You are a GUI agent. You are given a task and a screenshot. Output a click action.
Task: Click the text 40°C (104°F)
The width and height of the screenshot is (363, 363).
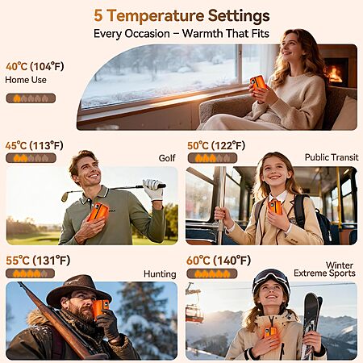click(35, 66)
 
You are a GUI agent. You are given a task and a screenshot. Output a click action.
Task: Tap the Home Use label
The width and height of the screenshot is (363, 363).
click(26, 80)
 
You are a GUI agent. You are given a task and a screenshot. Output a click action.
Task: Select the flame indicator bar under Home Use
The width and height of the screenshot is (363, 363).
click(31, 98)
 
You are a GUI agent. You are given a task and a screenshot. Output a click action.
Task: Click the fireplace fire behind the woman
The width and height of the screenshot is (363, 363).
click(335, 74)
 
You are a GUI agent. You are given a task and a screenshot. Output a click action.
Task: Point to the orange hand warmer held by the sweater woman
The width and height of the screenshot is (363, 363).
click(258, 83)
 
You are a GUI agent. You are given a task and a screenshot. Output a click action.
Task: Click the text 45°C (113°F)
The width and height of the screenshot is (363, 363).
click(35, 146)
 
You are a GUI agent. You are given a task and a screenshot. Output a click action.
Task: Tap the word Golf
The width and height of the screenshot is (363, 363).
click(167, 158)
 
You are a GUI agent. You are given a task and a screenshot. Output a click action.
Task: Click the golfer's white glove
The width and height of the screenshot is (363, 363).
click(153, 190)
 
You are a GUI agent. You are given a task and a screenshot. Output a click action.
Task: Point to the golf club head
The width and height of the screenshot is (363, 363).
click(65, 197)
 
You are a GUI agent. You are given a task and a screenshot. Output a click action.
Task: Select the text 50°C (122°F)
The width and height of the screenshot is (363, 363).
click(216, 146)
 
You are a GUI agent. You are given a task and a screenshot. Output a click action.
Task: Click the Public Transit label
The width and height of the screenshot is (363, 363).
click(332, 157)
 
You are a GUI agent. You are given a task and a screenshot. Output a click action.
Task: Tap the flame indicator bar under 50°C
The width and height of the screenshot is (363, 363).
click(212, 158)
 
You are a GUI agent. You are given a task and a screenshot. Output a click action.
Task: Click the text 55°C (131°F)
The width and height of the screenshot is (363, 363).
click(38, 261)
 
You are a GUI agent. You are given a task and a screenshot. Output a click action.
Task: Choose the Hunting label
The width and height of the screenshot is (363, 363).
click(160, 274)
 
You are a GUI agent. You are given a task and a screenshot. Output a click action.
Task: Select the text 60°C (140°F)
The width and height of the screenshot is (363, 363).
click(219, 261)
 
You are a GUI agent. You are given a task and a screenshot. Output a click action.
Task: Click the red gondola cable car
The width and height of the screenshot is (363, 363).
click(194, 314)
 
